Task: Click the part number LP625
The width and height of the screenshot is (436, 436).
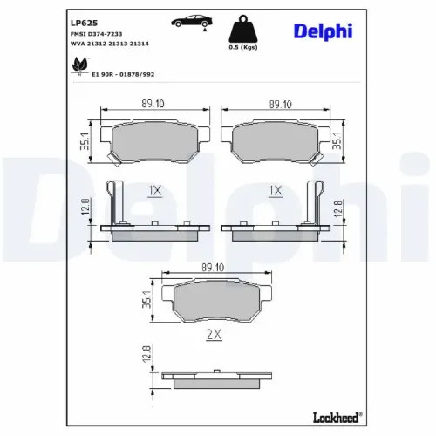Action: pos(83,22)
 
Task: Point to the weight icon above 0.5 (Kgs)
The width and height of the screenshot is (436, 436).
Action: pos(243,30)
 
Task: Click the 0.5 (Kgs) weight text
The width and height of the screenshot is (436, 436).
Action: pos(243,49)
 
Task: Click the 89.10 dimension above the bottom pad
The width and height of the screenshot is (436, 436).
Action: pos(215,267)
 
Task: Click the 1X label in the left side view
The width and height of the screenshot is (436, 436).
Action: pos(155,190)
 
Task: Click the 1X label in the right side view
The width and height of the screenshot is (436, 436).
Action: pos(276,190)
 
